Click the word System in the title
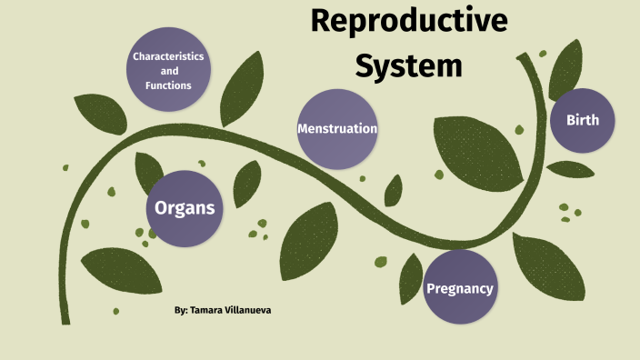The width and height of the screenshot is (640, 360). pos(408,65)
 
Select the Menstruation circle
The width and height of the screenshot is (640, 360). pos(337,129)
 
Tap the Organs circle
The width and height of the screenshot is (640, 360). pos(185,208)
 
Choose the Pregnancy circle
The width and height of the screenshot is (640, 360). pos(460,288)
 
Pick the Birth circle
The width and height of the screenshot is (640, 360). pos(583,120)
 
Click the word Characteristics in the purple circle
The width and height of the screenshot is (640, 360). pos(168,56)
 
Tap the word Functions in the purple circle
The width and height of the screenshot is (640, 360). pos(168,85)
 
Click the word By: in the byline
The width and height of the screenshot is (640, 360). pos(181,311)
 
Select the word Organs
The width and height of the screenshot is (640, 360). pos(185,208)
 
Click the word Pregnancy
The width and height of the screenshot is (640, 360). pos(460,289)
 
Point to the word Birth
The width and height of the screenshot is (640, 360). pos(583,120)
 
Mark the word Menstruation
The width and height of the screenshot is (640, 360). pos(337,129)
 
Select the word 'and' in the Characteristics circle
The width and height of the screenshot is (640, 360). pos(169,71)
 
